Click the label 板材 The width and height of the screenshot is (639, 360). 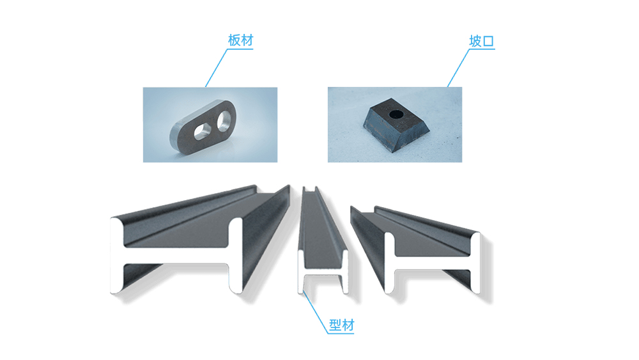pos(240,40)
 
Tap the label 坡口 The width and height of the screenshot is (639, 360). pos(482,41)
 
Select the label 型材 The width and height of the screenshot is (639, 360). pos(341,325)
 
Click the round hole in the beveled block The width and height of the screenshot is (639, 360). pos(396,114)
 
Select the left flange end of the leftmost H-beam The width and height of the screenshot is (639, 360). pos(116,256)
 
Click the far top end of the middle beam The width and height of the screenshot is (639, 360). pos(309,189)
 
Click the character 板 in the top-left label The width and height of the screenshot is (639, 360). pos(234,40)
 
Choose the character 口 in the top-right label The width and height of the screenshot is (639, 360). pos(488,42)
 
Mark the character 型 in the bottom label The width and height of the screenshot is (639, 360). pos(335,325)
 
